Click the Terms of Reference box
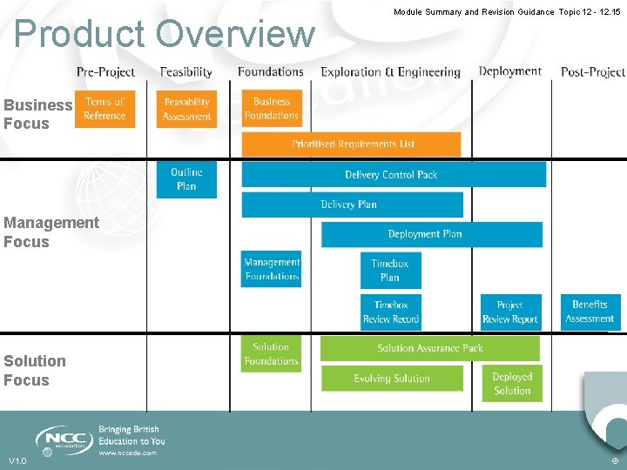pyautogui.click(x=104, y=109)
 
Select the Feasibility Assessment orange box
pyautogui.click(x=187, y=109)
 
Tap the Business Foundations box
pyautogui.click(x=272, y=109)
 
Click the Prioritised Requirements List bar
pyautogui.click(x=352, y=144)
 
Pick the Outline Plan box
pyautogui.click(x=186, y=179)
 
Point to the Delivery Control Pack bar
pyautogui.click(x=393, y=175)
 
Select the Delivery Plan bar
pyautogui.click(x=351, y=205)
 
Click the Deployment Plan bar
pyautogui.click(x=431, y=234)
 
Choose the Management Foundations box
pyautogui.click(x=272, y=269)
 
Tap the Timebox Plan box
pyautogui.click(x=390, y=271)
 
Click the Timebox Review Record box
pyautogui.click(x=391, y=312)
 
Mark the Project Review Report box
pyautogui.click(x=510, y=312)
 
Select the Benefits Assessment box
pyautogui.click(x=590, y=312)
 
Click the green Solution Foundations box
pyautogui.click(x=271, y=354)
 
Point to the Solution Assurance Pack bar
pyautogui.click(x=429, y=348)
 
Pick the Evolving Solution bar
pyautogui.click(x=392, y=379)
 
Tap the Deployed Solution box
pyautogui.click(x=512, y=384)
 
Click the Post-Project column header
pyautogui.click(x=592, y=72)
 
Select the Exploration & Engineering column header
pyautogui.click(x=390, y=72)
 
